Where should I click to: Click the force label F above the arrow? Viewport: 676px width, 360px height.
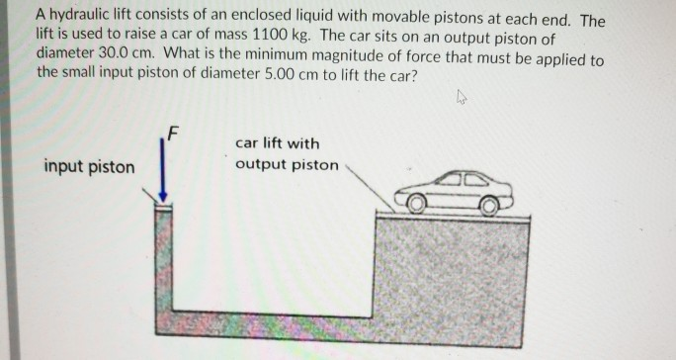pyautogui.click(x=174, y=132)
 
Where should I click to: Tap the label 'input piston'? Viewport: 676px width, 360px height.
pyautogui.click(x=89, y=166)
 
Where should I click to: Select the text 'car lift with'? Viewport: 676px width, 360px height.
pyautogui.click(x=278, y=143)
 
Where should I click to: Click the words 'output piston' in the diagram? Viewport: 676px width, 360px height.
pyautogui.click(x=287, y=164)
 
